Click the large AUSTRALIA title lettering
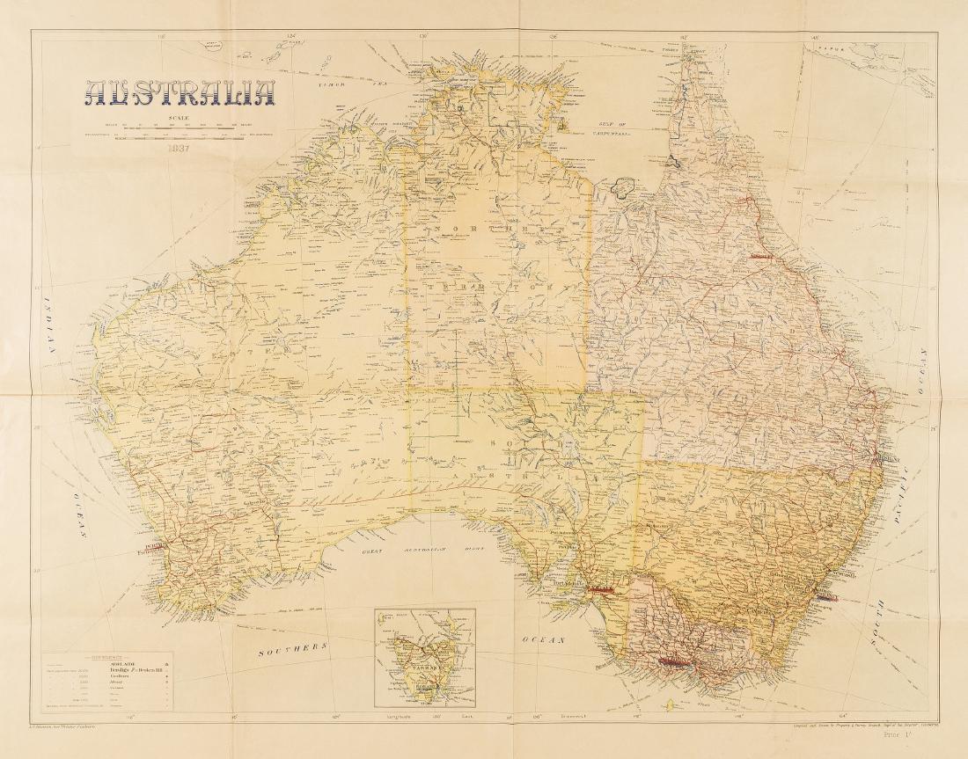(180, 94)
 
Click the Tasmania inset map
(424, 658)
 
